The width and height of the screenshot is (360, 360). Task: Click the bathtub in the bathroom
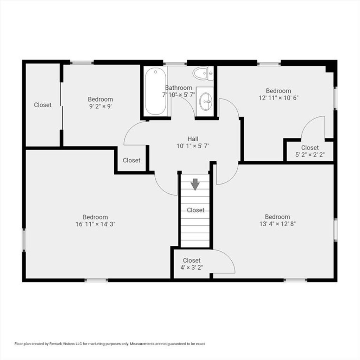point(155,92)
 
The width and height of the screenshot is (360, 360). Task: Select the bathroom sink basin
point(205,101)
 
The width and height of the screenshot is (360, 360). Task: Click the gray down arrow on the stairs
point(195,184)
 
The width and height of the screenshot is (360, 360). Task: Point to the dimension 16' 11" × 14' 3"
point(95,224)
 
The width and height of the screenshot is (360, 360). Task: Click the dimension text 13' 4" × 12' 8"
point(277,224)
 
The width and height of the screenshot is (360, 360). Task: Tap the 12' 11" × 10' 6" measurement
point(278,98)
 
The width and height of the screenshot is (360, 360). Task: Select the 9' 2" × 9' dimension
point(100,106)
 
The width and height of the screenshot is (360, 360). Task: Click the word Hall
point(193,139)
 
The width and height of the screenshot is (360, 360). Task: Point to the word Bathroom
point(179,88)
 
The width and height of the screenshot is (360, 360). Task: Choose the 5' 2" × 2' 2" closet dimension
point(310,155)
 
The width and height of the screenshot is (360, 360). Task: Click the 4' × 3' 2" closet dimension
point(192,268)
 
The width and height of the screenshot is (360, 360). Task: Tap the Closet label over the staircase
point(195,210)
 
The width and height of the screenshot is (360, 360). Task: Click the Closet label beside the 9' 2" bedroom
point(43,105)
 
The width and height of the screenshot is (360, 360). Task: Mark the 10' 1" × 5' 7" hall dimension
point(193,146)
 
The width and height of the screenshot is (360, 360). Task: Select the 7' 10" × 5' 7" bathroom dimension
point(179,95)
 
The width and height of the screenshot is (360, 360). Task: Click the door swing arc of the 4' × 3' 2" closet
point(230,257)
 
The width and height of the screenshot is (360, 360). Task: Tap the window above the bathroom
point(175,63)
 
